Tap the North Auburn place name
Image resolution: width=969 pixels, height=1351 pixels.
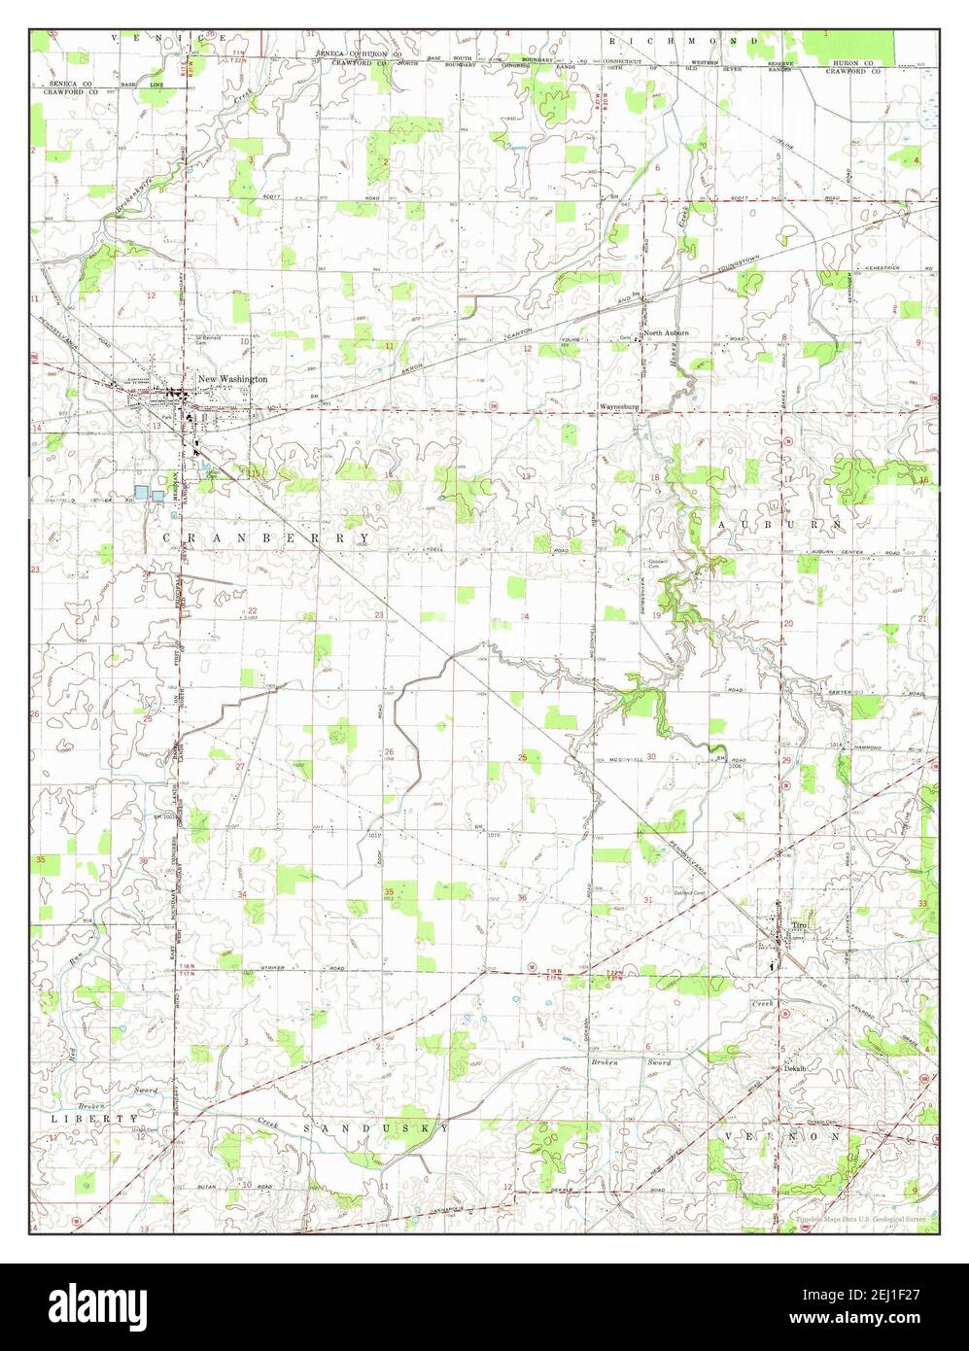667,332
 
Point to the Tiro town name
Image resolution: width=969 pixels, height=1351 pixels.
799,924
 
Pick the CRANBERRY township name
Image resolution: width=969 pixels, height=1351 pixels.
265,537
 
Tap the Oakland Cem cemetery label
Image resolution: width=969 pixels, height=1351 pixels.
688,892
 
